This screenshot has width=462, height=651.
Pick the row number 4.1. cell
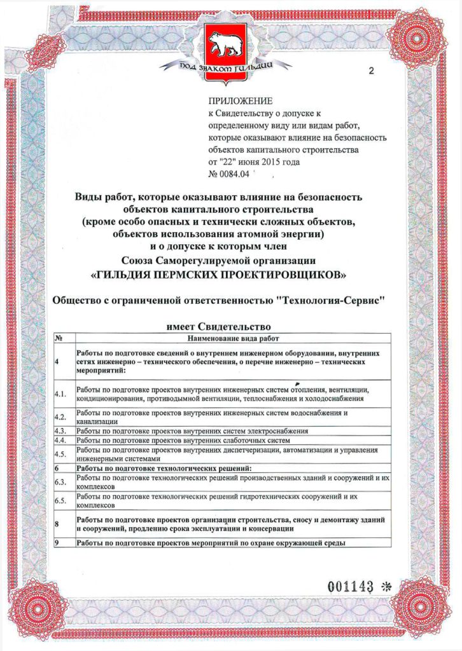click(x=61, y=394)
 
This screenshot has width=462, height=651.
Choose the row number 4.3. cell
click(x=61, y=431)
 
